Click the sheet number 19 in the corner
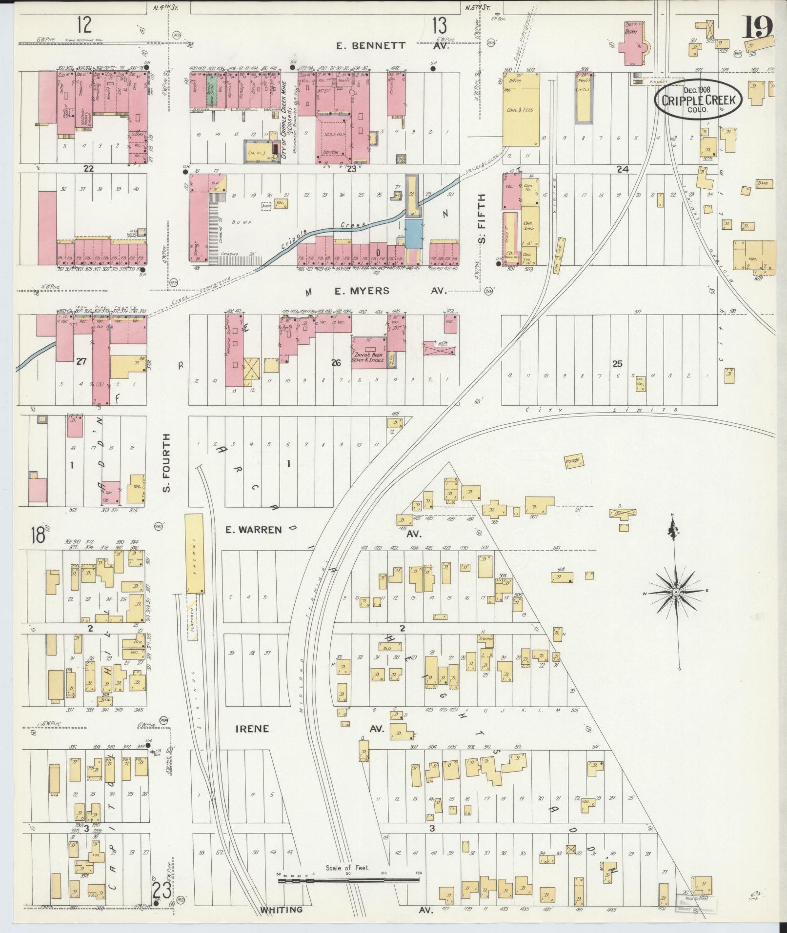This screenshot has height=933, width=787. click(758, 27)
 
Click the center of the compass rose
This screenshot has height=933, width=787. click(676, 592)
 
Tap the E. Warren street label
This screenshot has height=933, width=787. click(254, 530)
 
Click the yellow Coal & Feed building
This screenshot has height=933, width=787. click(522, 110)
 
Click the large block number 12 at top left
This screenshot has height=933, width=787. click(84, 23)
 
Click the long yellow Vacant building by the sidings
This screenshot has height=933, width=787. click(195, 553)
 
